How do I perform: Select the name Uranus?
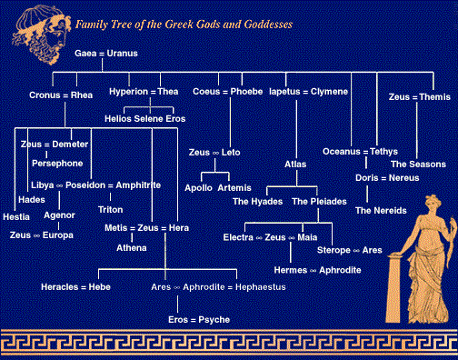pyautogui.click(x=122, y=55)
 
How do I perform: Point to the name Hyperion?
pyautogui.click(x=126, y=93)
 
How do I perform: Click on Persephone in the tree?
pyautogui.click(x=57, y=164)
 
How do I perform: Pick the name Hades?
pyautogui.click(x=32, y=198)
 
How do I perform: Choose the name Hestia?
pyautogui.click(x=16, y=216)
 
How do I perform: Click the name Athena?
pyautogui.click(x=131, y=247)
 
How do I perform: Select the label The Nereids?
pyautogui.click(x=375, y=210)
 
